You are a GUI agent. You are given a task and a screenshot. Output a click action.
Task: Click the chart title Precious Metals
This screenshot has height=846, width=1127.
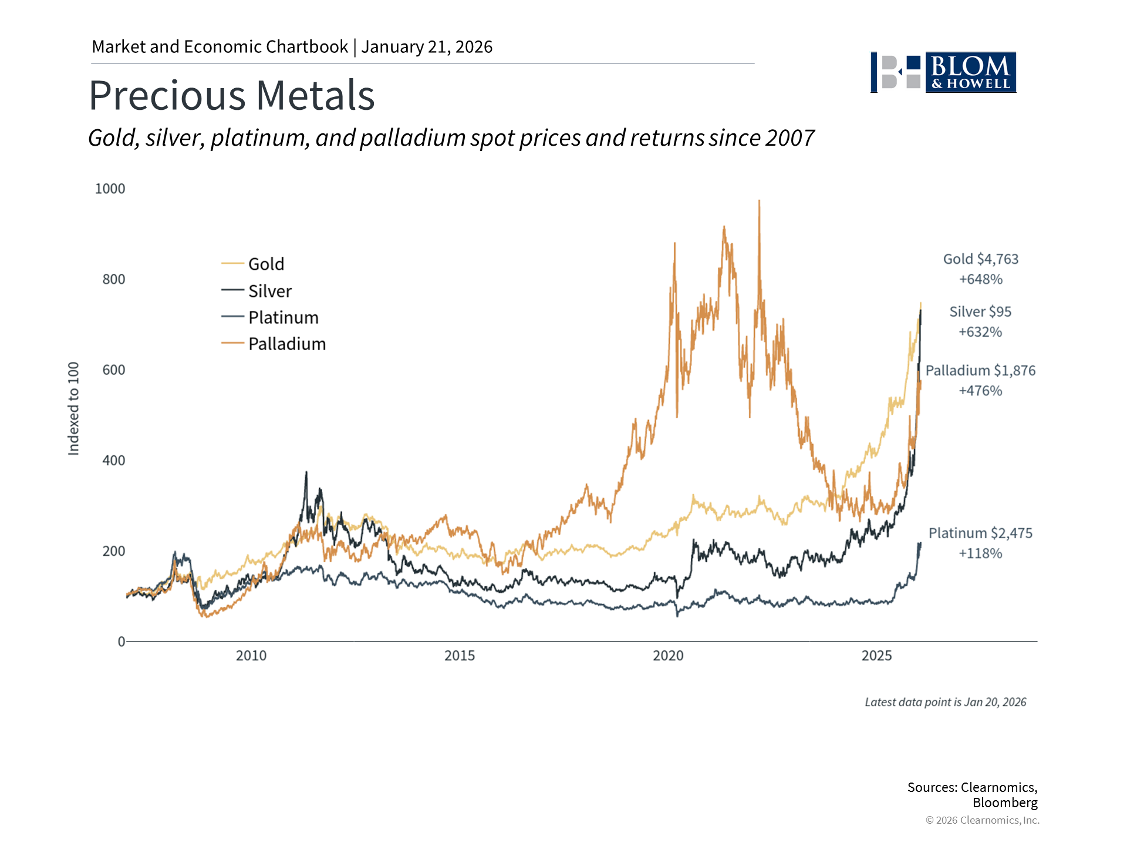pyautogui.click(x=232, y=95)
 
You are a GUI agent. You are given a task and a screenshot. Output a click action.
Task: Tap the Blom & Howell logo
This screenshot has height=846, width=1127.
pyautogui.click(x=943, y=72)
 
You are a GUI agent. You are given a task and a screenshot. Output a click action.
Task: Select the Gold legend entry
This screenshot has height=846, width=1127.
pyautogui.click(x=265, y=264)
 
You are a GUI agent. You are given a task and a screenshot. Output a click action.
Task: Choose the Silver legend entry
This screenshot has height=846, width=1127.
pyautogui.click(x=269, y=291)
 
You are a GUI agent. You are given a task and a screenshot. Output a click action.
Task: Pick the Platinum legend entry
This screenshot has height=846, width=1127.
pyautogui.click(x=283, y=317)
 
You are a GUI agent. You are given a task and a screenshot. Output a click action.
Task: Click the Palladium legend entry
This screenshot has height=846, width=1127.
pyautogui.click(x=286, y=344)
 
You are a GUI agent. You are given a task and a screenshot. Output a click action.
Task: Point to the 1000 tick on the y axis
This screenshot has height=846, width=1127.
pyautogui.click(x=110, y=189)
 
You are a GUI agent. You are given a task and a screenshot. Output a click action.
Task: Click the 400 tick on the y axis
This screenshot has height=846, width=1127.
pyautogui.click(x=114, y=461)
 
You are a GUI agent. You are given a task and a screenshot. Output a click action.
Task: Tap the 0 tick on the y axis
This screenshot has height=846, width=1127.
pyautogui.click(x=122, y=642)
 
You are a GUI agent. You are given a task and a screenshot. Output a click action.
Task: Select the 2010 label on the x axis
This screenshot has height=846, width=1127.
pyautogui.click(x=251, y=656)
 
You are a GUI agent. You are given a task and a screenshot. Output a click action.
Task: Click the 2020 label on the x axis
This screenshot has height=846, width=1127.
pyautogui.click(x=668, y=656)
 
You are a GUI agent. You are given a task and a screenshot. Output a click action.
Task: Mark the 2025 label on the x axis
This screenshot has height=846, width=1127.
pyautogui.click(x=876, y=656)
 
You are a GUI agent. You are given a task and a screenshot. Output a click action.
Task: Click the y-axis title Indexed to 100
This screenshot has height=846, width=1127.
pyautogui.click(x=73, y=408)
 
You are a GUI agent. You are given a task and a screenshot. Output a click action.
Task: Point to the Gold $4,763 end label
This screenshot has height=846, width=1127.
pyautogui.click(x=980, y=259)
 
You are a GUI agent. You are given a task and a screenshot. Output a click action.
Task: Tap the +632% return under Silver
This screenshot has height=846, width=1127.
pyautogui.click(x=980, y=332)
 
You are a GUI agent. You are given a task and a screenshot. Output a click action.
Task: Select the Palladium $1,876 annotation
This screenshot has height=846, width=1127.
pyautogui.click(x=980, y=371)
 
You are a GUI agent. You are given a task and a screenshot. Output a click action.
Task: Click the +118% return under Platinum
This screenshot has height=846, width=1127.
pyautogui.click(x=980, y=553)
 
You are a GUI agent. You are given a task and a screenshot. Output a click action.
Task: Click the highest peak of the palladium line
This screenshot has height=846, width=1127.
pyautogui.click(x=759, y=202)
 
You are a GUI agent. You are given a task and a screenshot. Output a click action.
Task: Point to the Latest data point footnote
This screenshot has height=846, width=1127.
pyautogui.click(x=945, y=702)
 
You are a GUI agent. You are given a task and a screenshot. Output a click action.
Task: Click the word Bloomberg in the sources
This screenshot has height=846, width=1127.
pyautogui.click(x=1005, y=803)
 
